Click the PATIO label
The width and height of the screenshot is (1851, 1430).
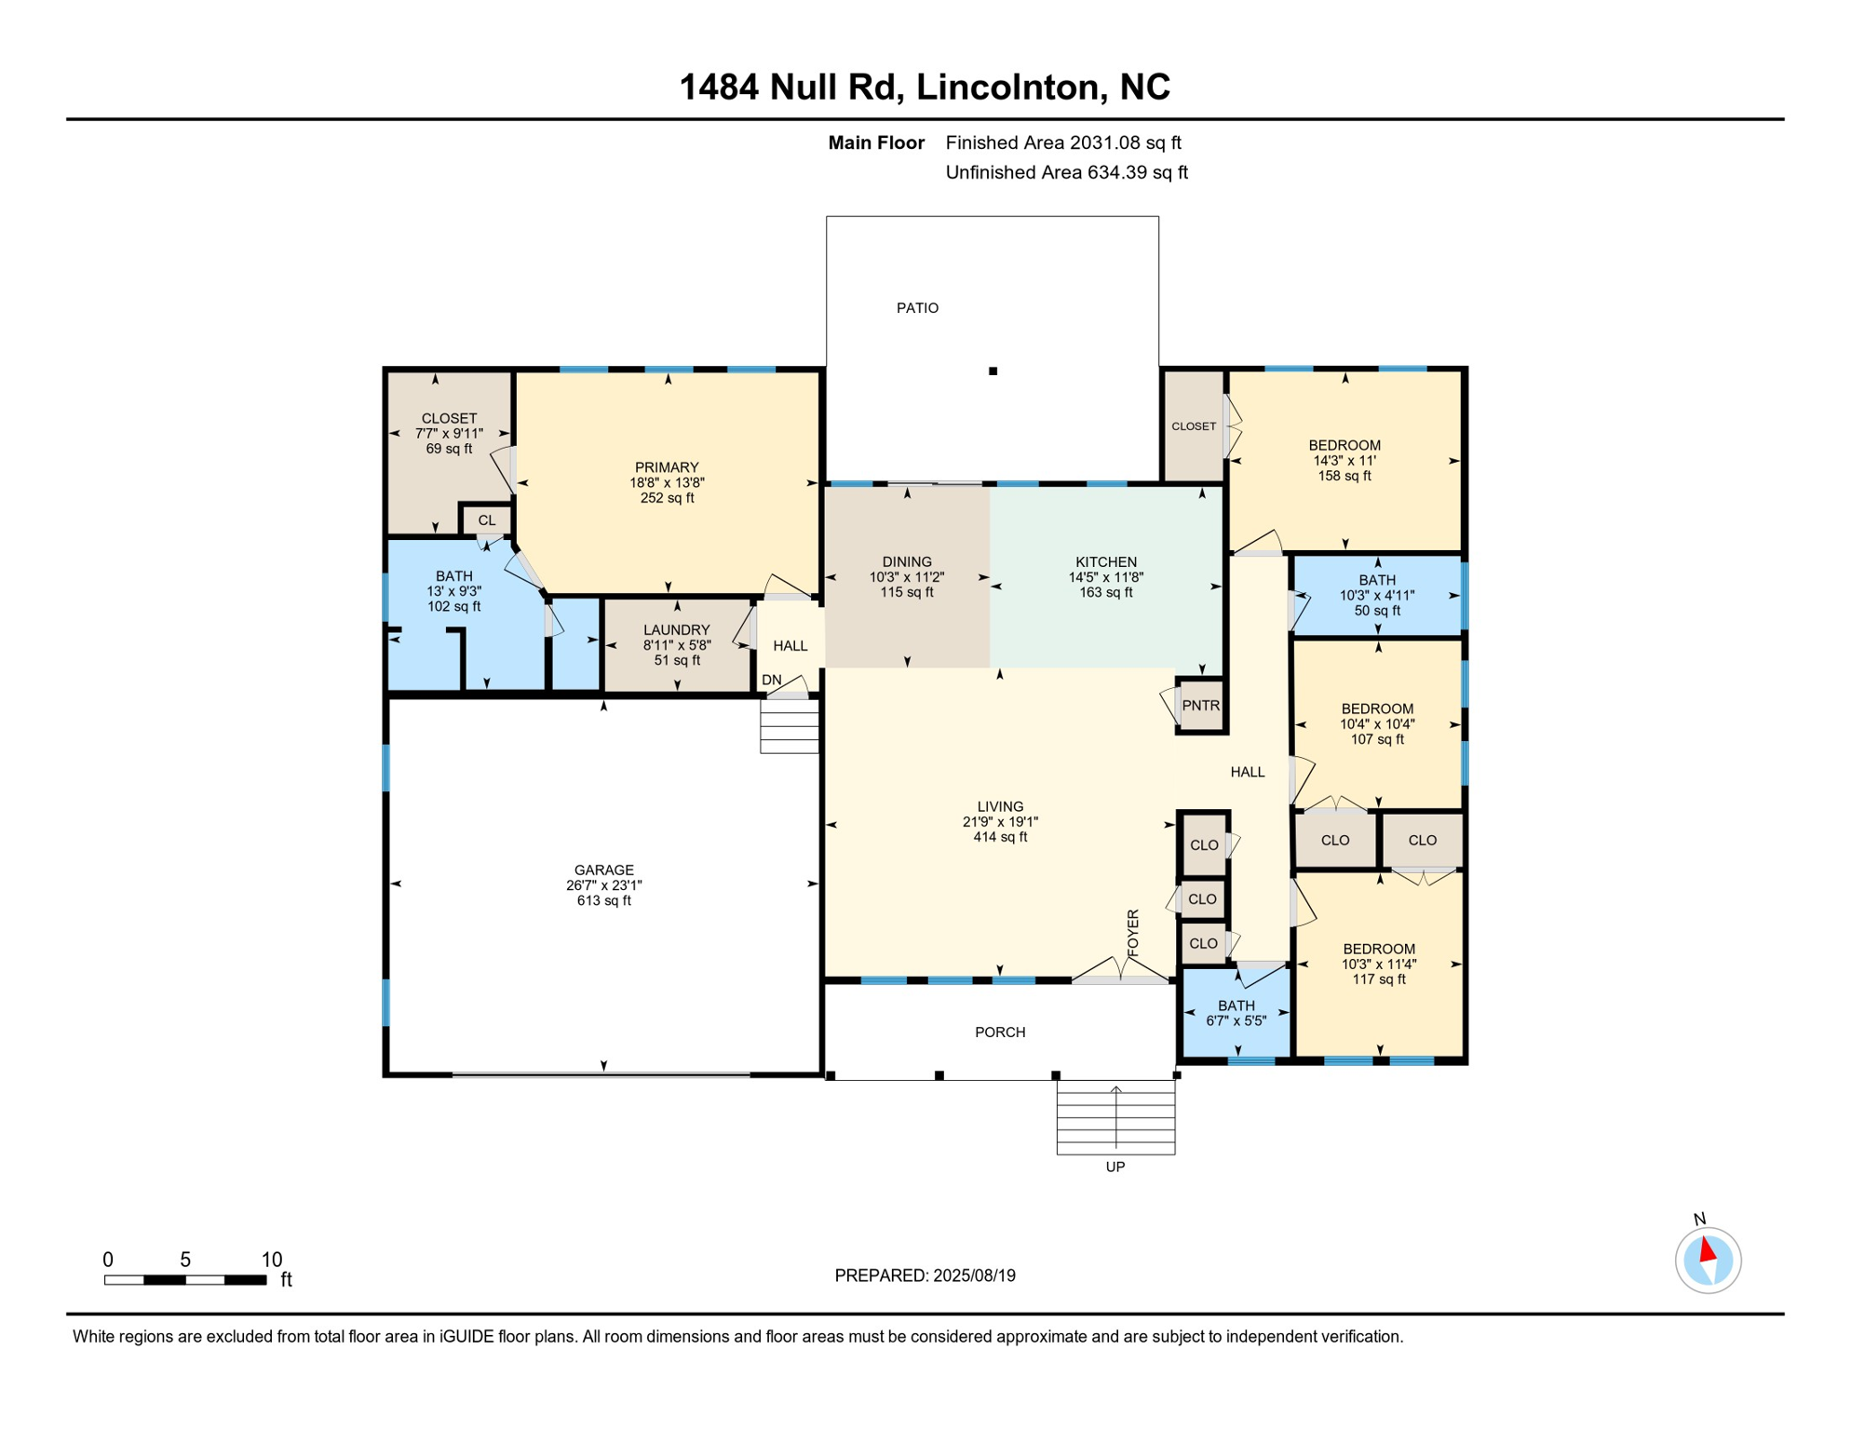click(917, 308)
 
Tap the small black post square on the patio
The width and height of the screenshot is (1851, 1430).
click(993, 371)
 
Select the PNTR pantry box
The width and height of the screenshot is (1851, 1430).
click(1200, 706)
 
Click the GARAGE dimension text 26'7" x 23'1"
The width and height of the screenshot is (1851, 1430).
click(603, 885)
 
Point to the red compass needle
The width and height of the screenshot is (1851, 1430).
click(1708, 1248)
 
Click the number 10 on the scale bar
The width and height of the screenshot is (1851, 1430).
click(271, 1260)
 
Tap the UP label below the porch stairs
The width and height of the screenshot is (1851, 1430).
click(1115, 1167)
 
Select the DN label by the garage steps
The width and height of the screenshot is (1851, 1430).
click(771, 681)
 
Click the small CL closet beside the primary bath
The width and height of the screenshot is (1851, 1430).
click(486, 520)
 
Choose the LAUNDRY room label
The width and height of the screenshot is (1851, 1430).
click(676, 630)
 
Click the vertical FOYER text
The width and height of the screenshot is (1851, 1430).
click(1133, 933)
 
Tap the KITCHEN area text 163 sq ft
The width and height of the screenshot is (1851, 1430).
click(1105, 592)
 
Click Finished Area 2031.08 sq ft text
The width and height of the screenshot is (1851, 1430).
click(1062, 142)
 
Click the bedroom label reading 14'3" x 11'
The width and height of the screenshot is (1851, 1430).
click(1344, 461)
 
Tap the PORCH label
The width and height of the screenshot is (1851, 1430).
click(999, 1032)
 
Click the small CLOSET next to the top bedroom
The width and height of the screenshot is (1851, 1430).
click(1193, 426)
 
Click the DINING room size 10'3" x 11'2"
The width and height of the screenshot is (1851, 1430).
click(906, 577)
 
